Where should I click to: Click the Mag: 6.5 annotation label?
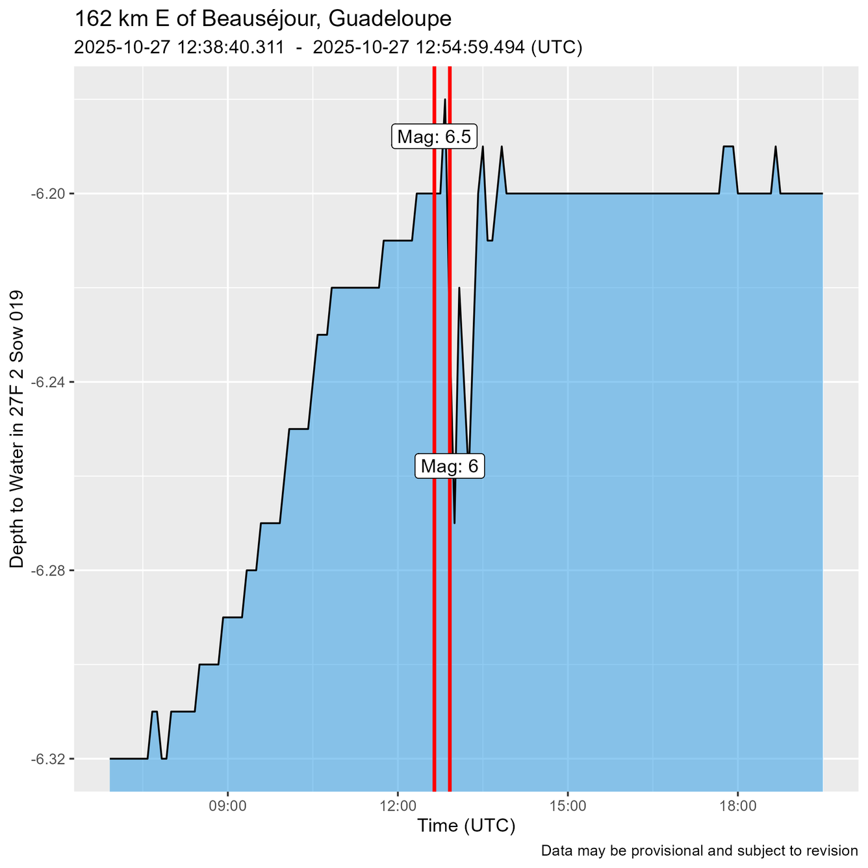(434, 137)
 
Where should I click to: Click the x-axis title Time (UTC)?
(466, 826)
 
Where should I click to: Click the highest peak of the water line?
(445, 99)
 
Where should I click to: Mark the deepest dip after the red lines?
(454, 522)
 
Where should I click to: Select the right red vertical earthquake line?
(450, 585)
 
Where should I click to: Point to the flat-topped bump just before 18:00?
(728, 147)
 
